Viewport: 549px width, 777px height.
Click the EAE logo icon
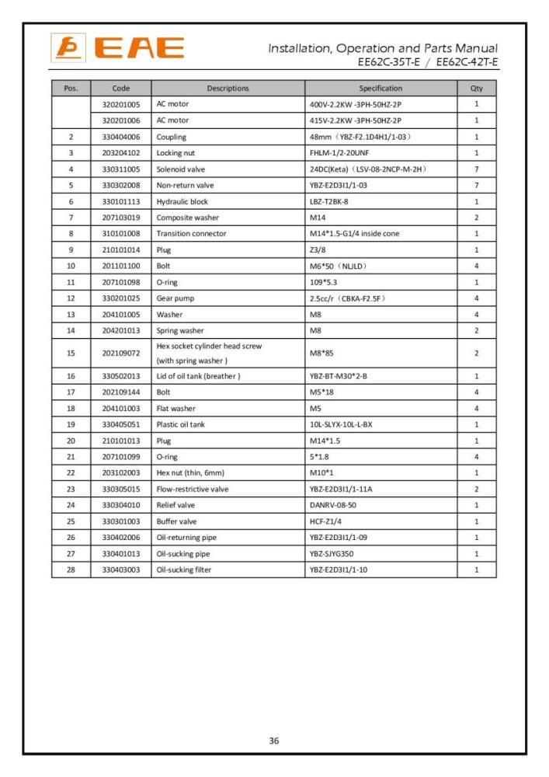[66, 48]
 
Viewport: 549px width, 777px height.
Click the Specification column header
[380, 89]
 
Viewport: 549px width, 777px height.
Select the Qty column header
[476, 89]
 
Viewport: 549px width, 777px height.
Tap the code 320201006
[120, 120]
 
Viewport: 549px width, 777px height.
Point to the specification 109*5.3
[325, 282]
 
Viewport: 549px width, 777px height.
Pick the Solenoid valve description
[181, 169]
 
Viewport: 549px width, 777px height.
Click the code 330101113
[120, 201]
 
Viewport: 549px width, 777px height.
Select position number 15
[71, 353]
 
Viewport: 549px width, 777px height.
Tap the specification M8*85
[321, 353]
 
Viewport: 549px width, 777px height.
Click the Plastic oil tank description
[182, 424]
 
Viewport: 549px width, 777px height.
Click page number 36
[274, 740]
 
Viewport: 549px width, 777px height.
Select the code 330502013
[120, 376]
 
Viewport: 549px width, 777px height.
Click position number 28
[71, 570]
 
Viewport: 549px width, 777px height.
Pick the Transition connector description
[191, 233]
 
